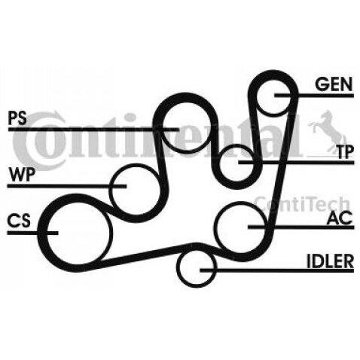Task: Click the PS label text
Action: [17, 118]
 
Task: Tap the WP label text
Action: [21, 175]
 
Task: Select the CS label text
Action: [19, 221]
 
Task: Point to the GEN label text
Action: [334, 84]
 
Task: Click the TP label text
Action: [345, 151]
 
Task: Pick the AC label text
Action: [340, 218]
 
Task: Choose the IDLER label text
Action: [330, 261]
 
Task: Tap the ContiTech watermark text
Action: [302, 204]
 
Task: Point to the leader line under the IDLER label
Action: [276, 270]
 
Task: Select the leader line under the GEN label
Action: [314, 96]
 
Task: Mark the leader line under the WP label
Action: [67, 186]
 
